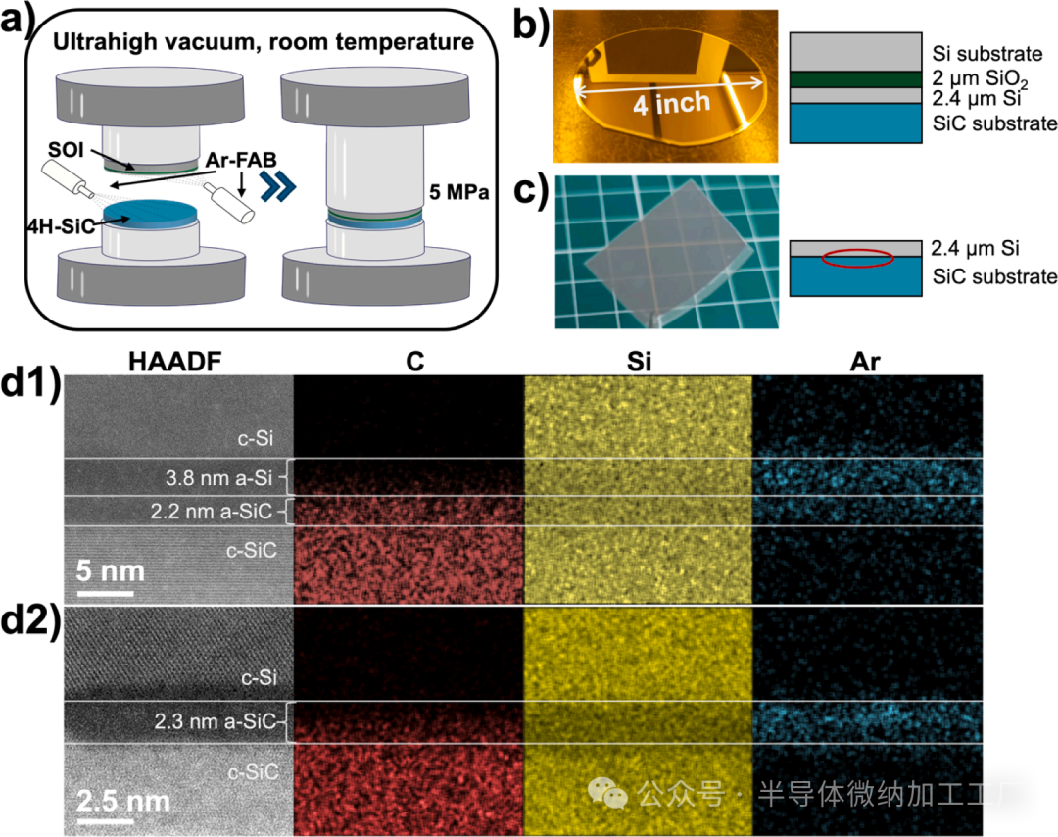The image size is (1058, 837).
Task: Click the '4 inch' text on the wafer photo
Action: pos(670,102)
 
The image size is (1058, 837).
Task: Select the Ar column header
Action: pos(866,361)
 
